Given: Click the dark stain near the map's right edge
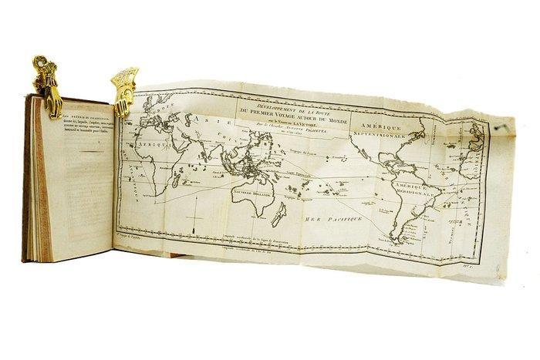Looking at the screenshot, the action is click(502, 123).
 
